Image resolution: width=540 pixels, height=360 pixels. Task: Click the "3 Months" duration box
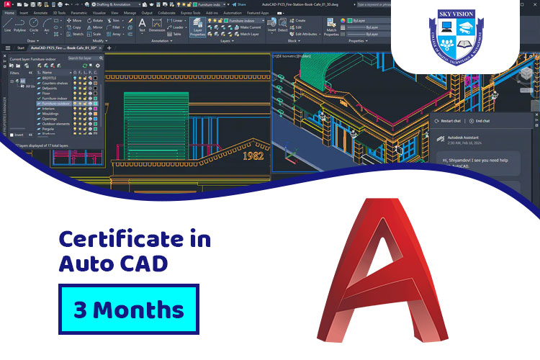[x=128, y=309]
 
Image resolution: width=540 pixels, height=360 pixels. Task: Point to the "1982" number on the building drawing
[x=253, y=156]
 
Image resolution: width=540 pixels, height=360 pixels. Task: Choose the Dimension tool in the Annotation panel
[x=156, y=27]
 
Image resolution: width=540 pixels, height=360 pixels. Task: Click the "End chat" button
[x=480, y=121]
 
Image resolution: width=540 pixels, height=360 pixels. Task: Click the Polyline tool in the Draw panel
[x=20, y=26]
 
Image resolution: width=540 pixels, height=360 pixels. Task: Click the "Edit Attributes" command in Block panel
[x=307, y=34]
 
